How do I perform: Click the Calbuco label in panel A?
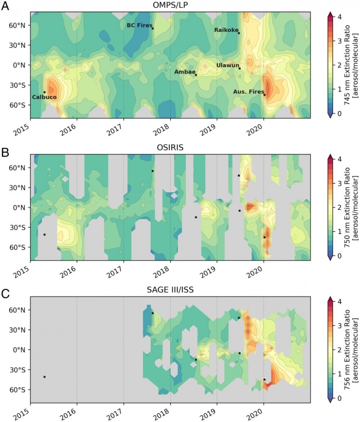[44, 97]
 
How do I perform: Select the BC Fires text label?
[139, 25]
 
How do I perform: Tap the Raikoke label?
[225, 30]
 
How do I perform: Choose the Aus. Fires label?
[247, 91]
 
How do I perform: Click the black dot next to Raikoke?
[239, 33]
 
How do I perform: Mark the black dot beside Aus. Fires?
[265, 95]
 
